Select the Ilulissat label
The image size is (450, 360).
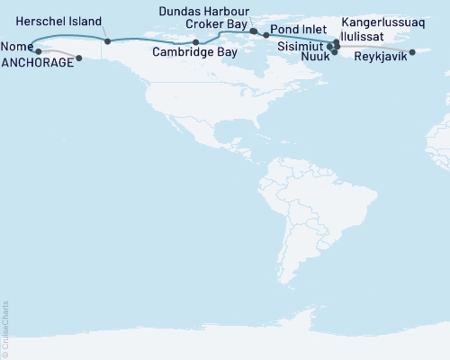pyautogui.click(x=371, y=30)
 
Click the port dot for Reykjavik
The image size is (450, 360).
pyautogui.click(x=412, y=52)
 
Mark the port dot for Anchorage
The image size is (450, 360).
pyautogui.click(x=79, y=58)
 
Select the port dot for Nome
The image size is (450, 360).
pyautogui.click(x=39, y=51)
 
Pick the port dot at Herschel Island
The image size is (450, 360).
pyautogui.click(x=107, y=41)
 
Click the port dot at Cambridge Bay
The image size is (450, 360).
pyautogui.click(x=196, y=42)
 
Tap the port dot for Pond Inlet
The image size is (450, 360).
pyautogui.click(x=266, y=35)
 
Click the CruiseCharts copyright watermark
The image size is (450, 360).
pyautogui.click(x=4, y=328)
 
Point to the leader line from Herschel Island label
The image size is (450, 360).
pyautogui.click(x=104, y=33)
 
